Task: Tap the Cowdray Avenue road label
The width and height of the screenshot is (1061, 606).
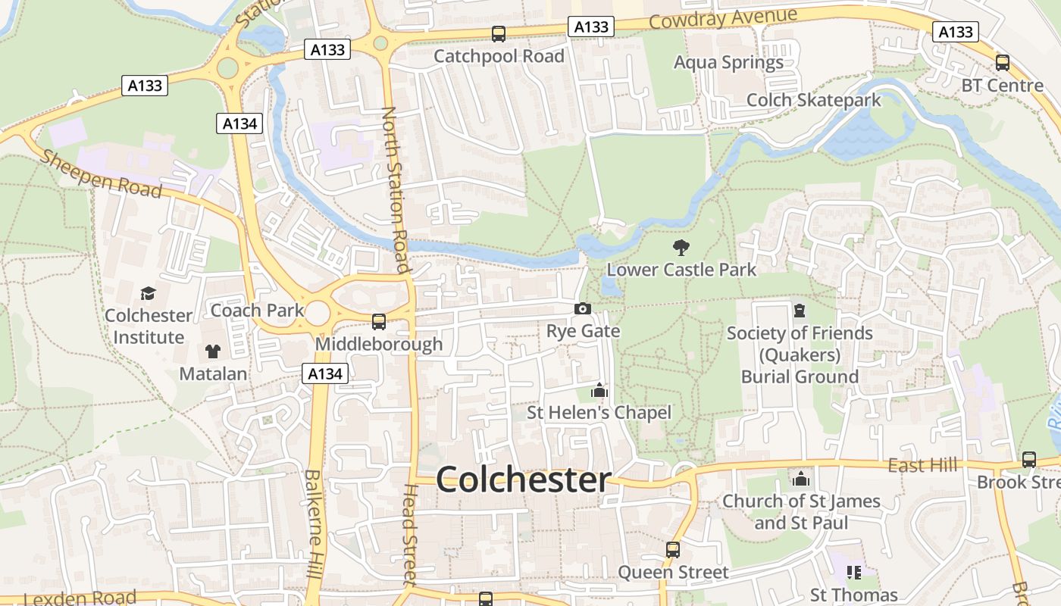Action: click(723, 18)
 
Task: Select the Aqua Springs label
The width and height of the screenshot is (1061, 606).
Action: click(728, 62)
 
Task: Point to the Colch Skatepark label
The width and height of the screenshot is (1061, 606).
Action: click(813, 100)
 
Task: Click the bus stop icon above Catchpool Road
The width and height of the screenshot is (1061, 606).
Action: click(499, 34)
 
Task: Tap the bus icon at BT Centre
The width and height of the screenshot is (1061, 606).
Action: click(1002, 63)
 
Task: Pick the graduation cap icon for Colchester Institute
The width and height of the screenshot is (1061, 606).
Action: click(148, 293)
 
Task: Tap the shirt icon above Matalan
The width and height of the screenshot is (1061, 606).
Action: click(213, 351)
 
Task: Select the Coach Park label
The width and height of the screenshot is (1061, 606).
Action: click(257, 310)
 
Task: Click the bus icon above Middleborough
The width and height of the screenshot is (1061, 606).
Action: click(379, 322)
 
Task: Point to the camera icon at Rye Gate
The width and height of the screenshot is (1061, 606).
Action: click(583, 309)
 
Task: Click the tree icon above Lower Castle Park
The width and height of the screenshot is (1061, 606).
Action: click(681, 247)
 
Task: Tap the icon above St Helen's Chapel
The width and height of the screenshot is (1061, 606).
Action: click(599, 391)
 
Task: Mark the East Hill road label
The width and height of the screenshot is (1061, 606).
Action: click(922, 465)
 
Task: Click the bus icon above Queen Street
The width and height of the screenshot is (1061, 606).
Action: click(673, 550)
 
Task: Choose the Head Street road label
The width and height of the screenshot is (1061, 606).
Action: click(409, 535)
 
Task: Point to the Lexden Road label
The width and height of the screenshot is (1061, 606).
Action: click(80, 598)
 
